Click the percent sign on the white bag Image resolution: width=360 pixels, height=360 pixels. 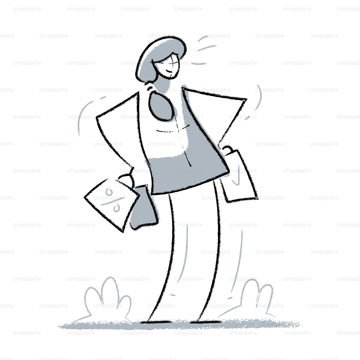point(113,201)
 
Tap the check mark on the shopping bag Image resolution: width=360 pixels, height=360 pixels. point(236,177)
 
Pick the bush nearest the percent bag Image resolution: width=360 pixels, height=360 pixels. point(107,298)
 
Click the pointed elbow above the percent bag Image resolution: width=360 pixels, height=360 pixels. point(97,118)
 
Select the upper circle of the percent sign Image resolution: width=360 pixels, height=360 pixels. point(109,192)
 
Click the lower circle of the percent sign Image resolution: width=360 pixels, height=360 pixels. point(116,208)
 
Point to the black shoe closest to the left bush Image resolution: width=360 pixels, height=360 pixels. point(156,321)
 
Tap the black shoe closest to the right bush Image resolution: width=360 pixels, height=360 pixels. point(206,321)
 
